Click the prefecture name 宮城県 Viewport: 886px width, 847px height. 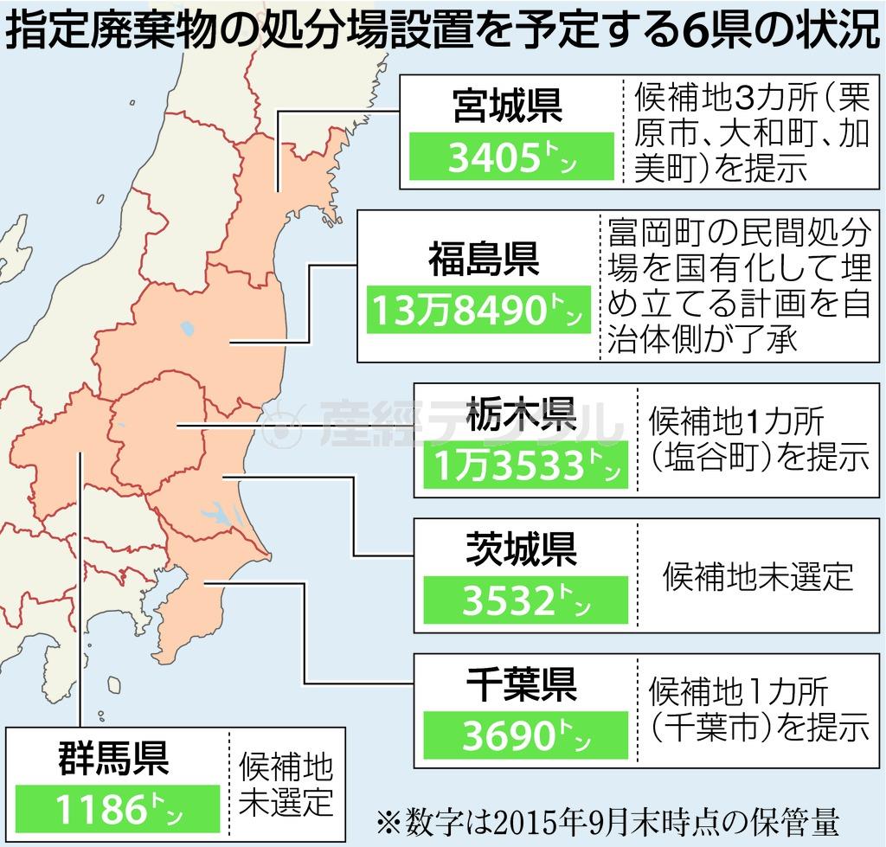(x=508, y=108)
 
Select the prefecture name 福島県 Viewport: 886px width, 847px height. (x=484, y=260)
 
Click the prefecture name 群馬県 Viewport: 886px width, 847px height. (x=114, y=758)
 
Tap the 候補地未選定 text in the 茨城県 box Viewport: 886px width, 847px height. (x=758, y=576)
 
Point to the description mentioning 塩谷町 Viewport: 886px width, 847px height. (x=758, y=440)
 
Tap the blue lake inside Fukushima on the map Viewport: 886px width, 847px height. (x=188, y=329)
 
